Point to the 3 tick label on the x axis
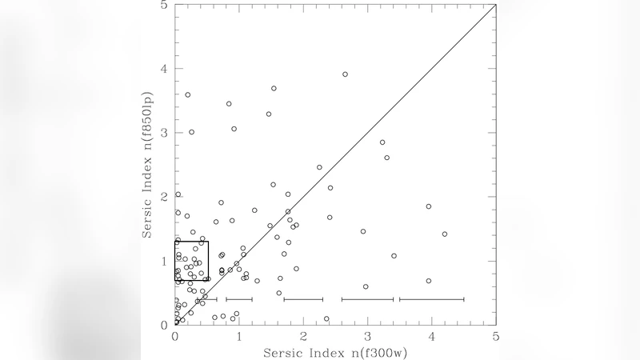368,335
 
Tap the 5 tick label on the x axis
496,335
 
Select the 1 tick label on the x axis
239,335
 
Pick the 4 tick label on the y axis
165,69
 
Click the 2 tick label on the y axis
165,197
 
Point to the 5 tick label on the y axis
165,6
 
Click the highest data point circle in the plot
345,74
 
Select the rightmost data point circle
445,234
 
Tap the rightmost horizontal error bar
432,299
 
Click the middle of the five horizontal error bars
303,299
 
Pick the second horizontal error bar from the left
239,299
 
